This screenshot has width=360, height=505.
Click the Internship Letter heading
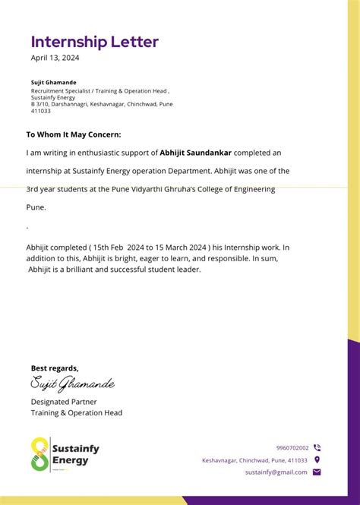[95, 42]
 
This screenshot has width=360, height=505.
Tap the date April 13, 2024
[55, 58]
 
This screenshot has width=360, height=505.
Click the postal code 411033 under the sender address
[41, 111]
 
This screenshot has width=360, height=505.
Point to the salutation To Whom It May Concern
[74, 134]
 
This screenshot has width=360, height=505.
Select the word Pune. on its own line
[36, 207]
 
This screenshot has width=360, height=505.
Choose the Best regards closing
[55, 368]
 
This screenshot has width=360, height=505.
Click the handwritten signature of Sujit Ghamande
[72, 383]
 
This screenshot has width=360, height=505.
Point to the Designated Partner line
[64, 402]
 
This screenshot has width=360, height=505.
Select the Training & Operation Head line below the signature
[77, 413]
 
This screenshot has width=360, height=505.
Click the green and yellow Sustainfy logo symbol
[40, 454]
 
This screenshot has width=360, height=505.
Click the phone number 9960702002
[292, 448]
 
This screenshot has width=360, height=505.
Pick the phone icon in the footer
[317, 448]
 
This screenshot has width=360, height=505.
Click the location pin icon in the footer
[317, 460]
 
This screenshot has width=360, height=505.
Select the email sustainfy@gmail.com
[276, 472]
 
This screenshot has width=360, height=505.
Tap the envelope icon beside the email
[317, 472]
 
